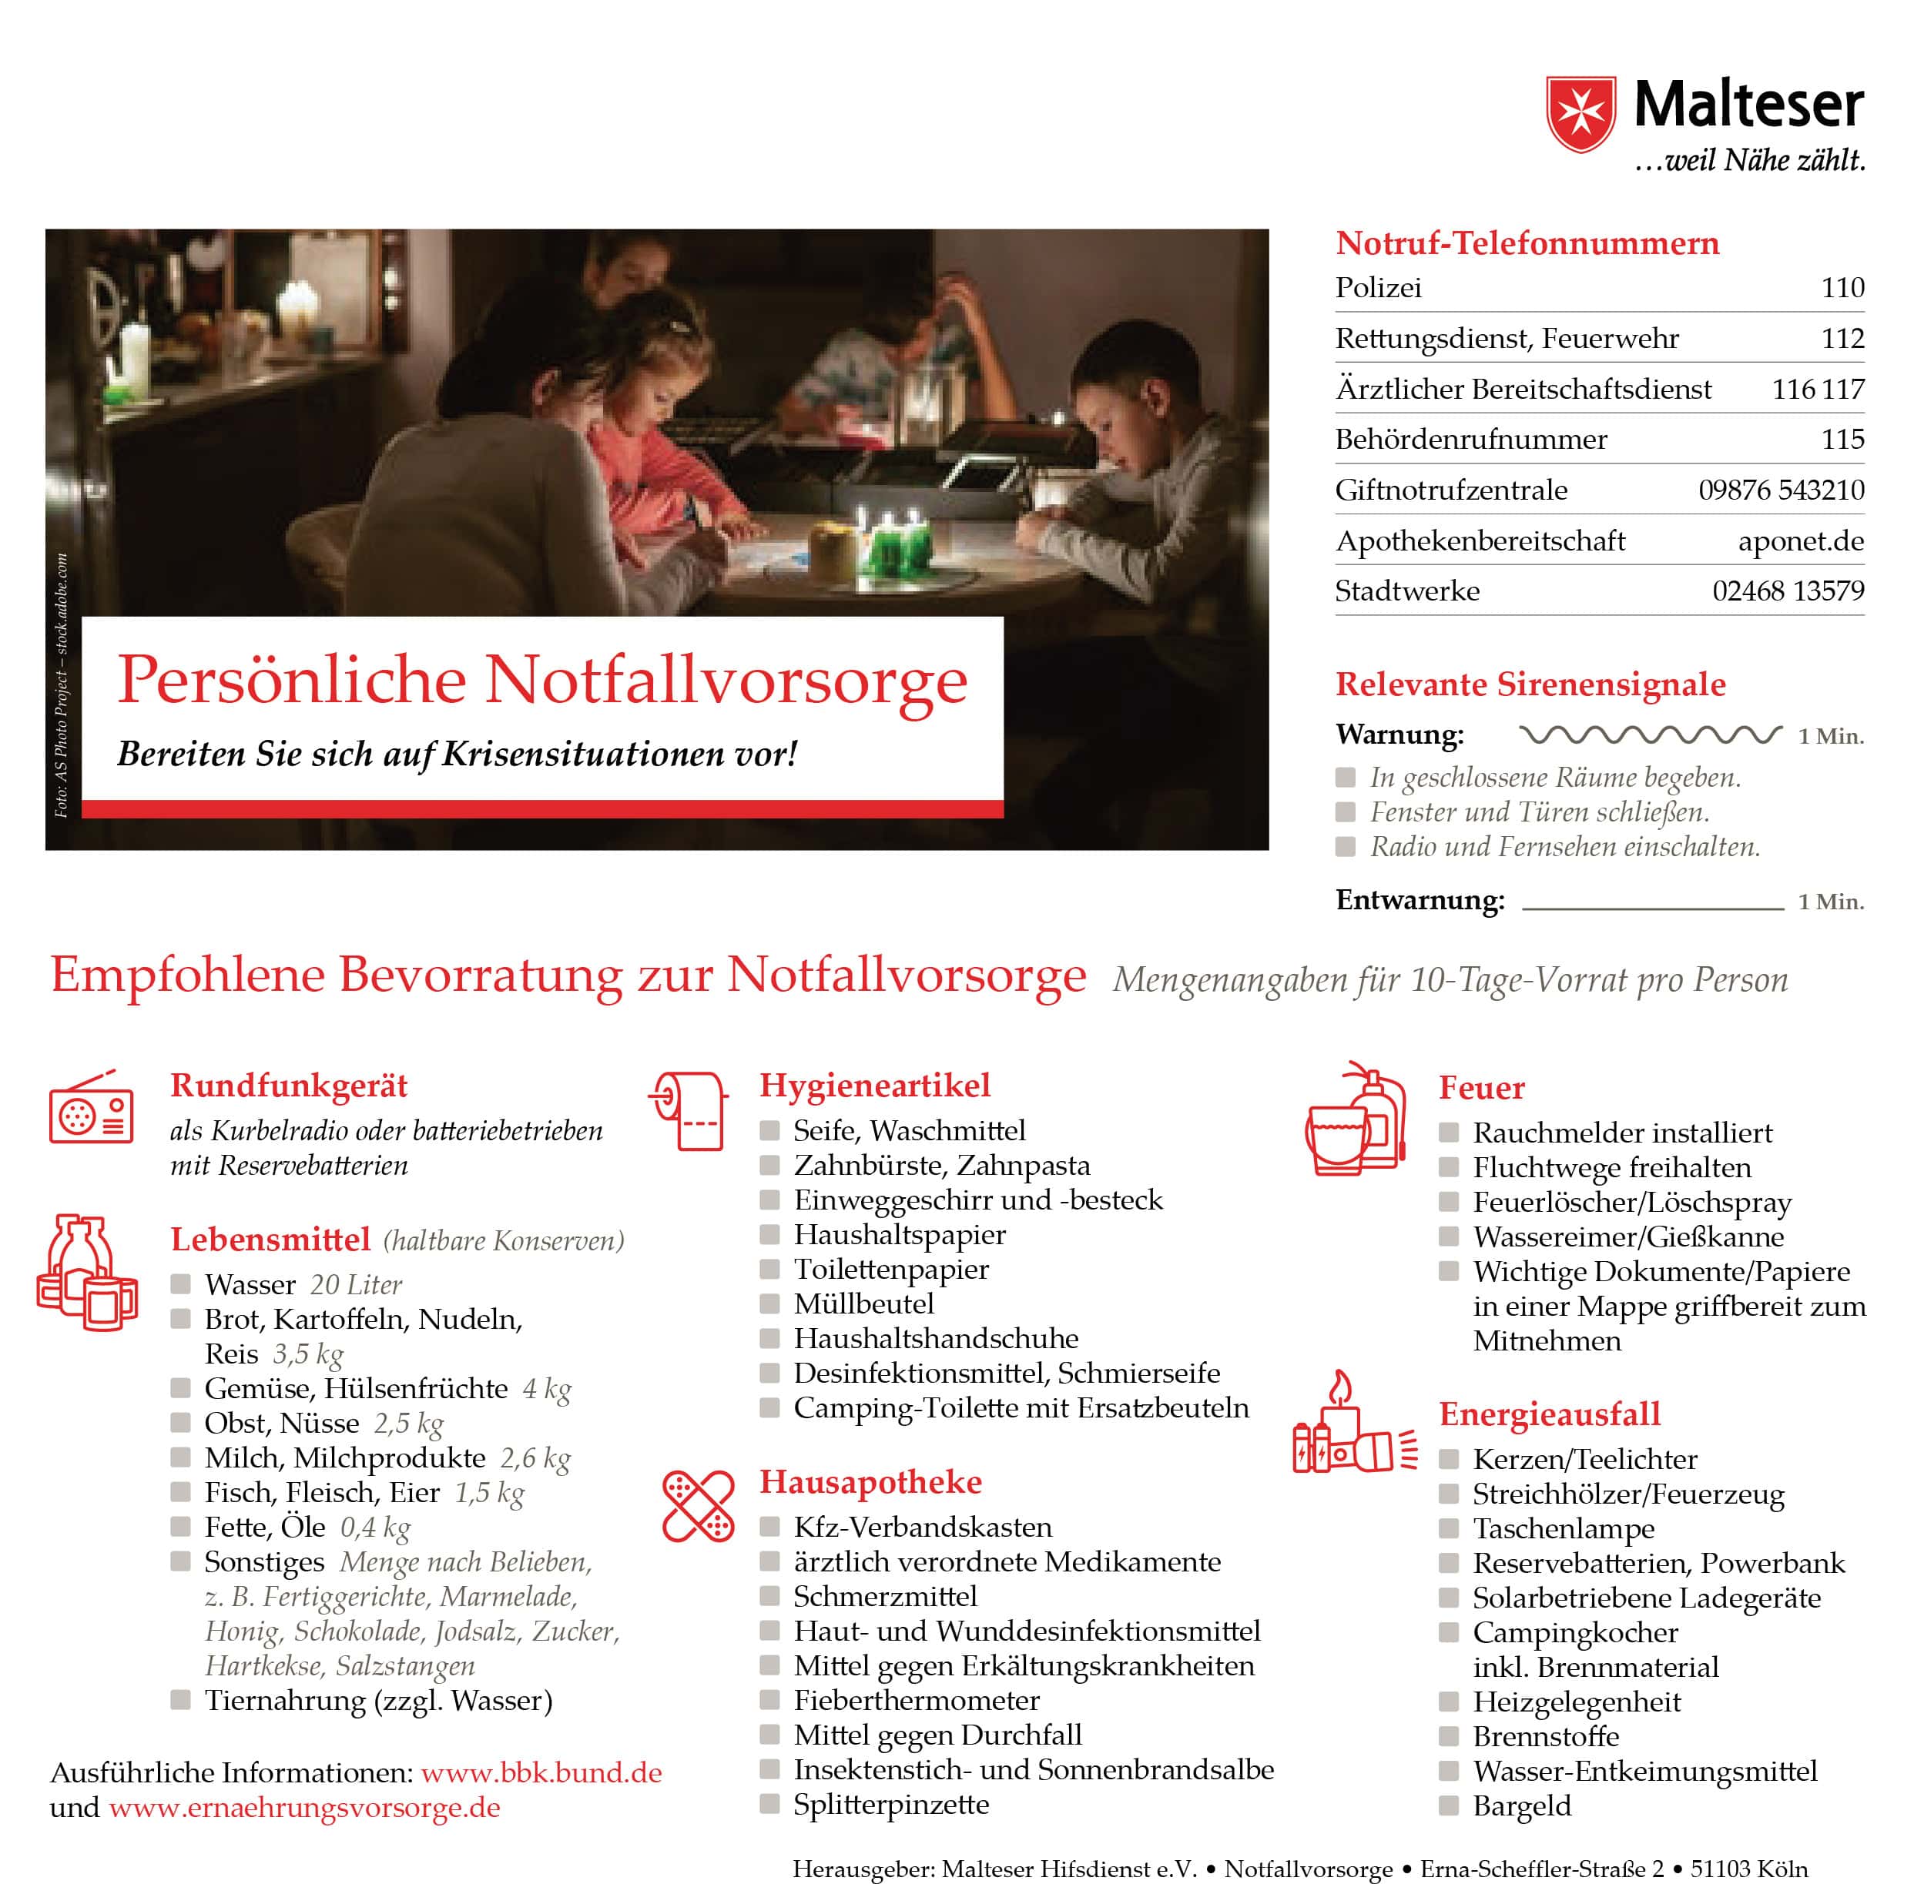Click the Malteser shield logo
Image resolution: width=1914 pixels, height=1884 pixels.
(1580, 114)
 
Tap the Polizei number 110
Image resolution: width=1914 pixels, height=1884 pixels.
(1842, 288)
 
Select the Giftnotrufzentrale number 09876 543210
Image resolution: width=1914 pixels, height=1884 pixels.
(1781, 490)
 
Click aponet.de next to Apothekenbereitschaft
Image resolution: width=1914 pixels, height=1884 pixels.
(1800, 541)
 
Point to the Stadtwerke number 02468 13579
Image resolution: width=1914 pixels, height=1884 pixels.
(1788, 591)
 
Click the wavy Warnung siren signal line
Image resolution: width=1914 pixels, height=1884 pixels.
(1650, 735)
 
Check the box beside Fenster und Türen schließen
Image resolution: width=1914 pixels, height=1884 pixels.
(1345, 812)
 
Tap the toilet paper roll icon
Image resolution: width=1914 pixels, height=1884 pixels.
(690, 1110)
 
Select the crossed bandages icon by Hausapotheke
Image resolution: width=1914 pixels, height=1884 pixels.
(698, 1506)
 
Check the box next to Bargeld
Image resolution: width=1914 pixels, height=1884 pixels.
(1449, 1805)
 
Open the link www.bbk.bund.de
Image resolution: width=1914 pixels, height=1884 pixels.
(541, 1772)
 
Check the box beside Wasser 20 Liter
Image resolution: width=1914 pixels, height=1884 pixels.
(180, 1284)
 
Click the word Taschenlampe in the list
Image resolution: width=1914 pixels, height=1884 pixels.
(1563, 1528)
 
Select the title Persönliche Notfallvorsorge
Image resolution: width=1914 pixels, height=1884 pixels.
(542, 680)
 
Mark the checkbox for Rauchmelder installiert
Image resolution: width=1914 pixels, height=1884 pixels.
(1449, 1132)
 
